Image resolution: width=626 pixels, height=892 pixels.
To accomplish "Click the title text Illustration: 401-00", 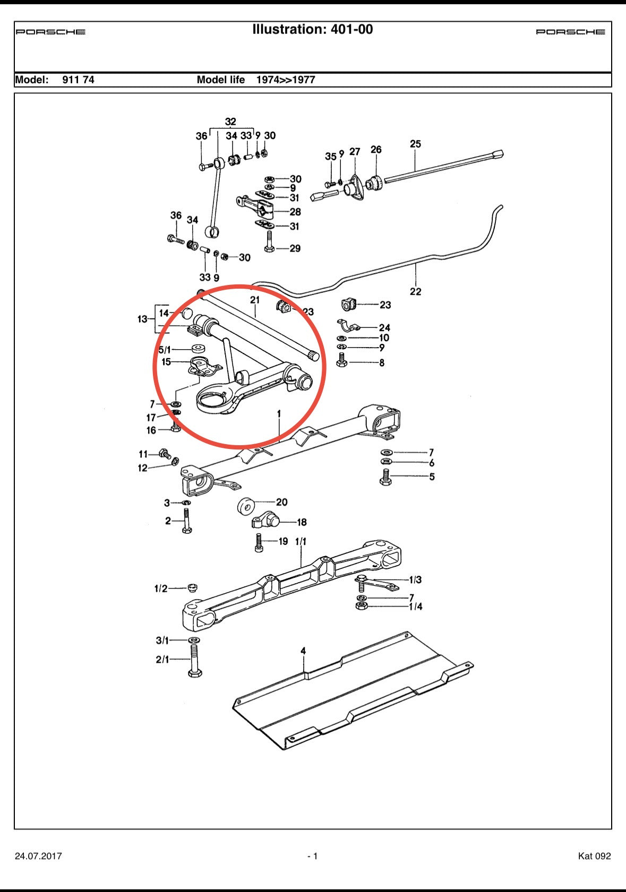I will [x=312, y=30].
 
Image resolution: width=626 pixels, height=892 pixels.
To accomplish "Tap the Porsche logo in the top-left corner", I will [x=50, y=32].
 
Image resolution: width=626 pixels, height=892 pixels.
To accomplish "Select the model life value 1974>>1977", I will [x=286, y=80].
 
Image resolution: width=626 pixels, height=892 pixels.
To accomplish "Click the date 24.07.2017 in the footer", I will [x=38, y=856].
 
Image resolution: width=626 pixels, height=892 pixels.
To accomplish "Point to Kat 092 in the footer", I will [x=594, y=856].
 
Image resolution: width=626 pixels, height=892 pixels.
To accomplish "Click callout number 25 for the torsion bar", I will [x=415, y=144].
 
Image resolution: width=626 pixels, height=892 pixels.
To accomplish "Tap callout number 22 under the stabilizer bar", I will [x=415, y=291].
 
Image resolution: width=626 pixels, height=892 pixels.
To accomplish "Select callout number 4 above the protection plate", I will [x=303, y=651].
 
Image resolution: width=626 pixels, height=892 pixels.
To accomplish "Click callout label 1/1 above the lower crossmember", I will [x=301, y=542].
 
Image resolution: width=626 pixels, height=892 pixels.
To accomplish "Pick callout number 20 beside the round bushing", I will [x=281, y=502].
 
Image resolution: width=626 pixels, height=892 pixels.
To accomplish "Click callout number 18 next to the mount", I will [x=302, y=522].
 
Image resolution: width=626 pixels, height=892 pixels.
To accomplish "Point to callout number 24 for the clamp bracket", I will [x=384, y=328].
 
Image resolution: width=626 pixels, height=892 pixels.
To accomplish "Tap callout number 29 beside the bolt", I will [x=295, y=248].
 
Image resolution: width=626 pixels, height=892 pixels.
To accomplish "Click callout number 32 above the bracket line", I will [x=230, y=122].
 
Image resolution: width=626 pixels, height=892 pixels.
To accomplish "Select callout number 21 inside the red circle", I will [x=255, y=300].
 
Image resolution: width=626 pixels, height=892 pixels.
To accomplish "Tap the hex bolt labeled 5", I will [x=386, y=477].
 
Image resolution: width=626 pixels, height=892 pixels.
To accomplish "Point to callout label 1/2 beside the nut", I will [x=160, y=588].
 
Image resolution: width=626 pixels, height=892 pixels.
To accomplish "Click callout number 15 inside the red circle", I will [x=166, y=362].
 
